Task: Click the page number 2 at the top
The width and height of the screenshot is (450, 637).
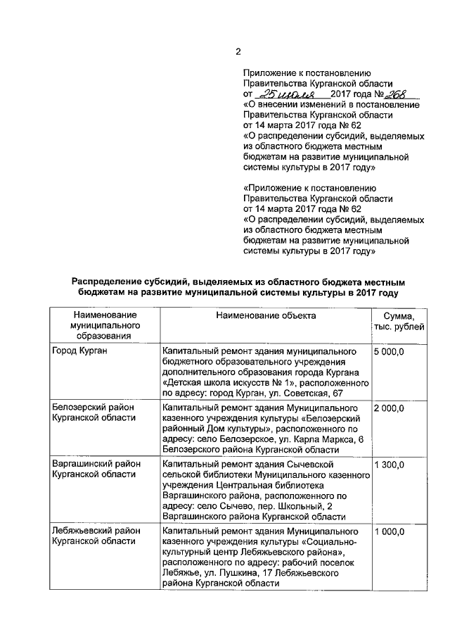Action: click(x=237, y=51)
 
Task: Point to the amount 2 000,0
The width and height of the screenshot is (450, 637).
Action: click(x=390, y=408)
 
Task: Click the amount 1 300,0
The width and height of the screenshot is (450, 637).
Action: click(x=390, y=465)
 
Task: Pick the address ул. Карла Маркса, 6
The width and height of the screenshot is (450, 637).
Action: click(x=310, y=439)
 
